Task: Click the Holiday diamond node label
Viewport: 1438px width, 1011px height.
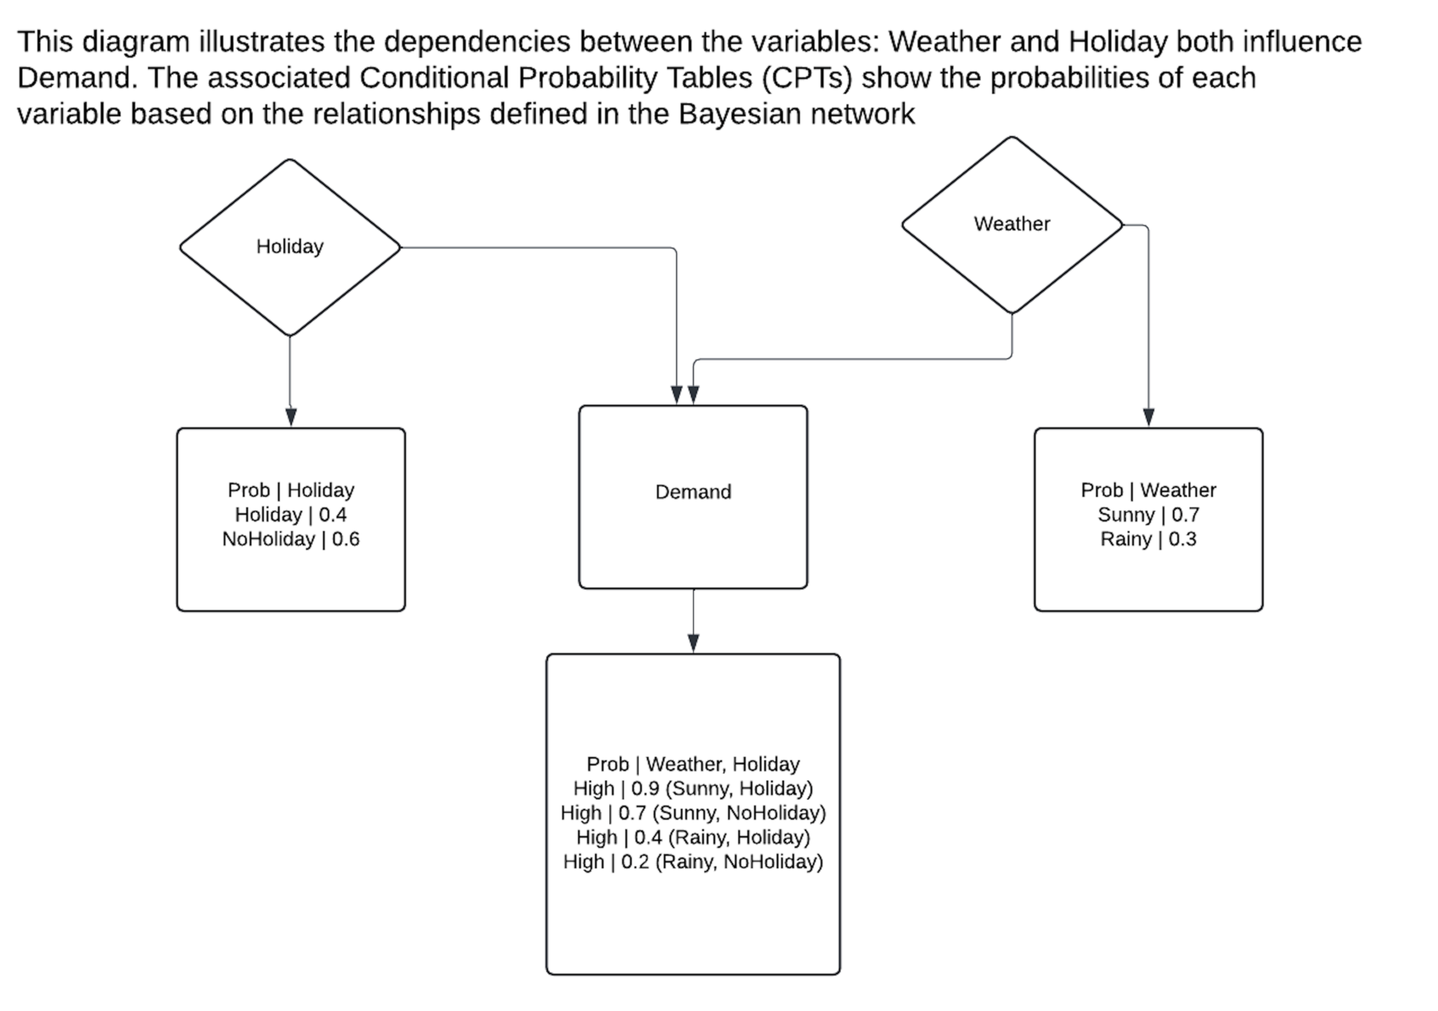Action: pos(289,247)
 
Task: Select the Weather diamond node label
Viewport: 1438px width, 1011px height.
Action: pos(1012,223)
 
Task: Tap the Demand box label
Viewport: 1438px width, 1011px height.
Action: pos(693,492)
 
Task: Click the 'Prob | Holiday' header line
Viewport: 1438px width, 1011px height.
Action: pos(291,490)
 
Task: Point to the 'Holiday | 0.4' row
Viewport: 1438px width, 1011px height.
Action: pos(291,514)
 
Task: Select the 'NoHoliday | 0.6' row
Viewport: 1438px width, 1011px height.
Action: pos(291,539)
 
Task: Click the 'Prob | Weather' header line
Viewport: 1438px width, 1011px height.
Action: pos(1148,490)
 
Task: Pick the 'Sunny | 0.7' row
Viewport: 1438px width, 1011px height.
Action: pos(1148,514)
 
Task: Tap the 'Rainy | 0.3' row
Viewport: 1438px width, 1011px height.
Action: pos(1148,539)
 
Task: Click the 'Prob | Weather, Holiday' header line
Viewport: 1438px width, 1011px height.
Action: pos(693,764)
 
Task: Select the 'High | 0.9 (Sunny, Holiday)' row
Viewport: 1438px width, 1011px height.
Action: pos(693,788)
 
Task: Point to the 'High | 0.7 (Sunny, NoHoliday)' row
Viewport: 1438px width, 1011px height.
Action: pos(693,813)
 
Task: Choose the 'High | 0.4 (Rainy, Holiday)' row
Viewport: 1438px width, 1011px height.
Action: pos(693,837)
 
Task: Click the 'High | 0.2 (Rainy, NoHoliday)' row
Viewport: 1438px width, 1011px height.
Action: pos(693,861)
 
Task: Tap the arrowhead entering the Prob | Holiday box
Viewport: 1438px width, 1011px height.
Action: pos(291,417)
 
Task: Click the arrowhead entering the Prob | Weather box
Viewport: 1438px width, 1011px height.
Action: pos(1148,417)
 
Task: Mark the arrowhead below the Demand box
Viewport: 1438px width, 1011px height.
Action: pos(693,644)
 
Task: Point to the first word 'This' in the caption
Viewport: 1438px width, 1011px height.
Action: pos(45,42)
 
